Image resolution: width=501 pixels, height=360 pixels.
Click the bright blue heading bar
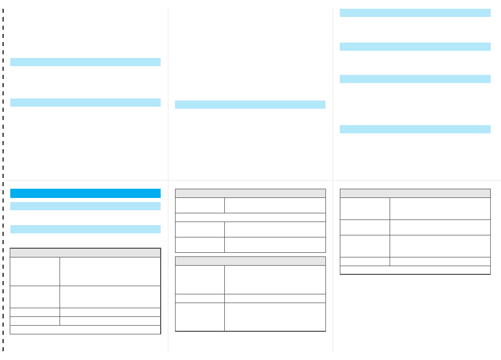pos(85,193)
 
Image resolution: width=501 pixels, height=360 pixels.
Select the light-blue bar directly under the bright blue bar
pos(85,206)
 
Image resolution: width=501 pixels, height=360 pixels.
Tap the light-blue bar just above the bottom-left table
pos(85,229)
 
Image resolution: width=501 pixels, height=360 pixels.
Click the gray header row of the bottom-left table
pos(85,253)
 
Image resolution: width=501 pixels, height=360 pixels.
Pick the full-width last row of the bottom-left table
pos(85,330)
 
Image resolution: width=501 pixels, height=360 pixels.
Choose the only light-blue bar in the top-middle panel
pos(250,105)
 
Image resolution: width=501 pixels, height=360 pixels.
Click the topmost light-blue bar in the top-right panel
pos(415,13)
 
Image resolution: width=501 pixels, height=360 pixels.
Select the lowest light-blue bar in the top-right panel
pos(415,129)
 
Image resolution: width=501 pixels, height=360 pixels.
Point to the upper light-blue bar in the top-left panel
pos(85,62)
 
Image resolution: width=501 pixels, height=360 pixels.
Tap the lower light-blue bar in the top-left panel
pos(85,103)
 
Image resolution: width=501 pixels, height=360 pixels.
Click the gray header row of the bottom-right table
pos(415,193)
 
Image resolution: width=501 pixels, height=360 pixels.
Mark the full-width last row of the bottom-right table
pos(415,270)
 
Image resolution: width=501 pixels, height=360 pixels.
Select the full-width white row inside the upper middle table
pos(250,217)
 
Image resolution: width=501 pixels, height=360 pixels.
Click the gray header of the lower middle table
pos(250,261)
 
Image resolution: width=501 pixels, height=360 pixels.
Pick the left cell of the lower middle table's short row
pos(200,298)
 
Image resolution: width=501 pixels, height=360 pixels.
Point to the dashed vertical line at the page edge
pos(3,179)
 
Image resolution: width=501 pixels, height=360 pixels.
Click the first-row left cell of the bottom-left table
pos(35,271)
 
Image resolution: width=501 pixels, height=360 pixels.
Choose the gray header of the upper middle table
pos(250,193)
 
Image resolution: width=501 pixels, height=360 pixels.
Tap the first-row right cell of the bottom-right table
pos(439,209)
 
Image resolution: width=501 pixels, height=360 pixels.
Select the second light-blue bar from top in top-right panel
pos(415,47)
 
